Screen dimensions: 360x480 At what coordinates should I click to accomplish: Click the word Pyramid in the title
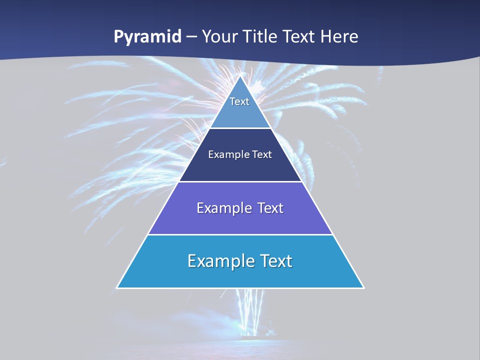pyautogui.click(x=147, y=37)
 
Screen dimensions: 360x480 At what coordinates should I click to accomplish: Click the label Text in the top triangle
pyautogui.click(x=239, y=101)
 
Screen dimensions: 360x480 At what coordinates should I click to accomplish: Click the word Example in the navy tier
pyautogui.click(x=226, y=155)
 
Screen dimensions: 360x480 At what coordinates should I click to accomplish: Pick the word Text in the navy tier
pyautogui.click(x=262, y=155)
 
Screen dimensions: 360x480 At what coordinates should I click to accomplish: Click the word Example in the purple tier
pyautogui.click(x=222, y=208)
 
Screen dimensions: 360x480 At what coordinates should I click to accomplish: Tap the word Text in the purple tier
pyautogui.click(x=270, y=208)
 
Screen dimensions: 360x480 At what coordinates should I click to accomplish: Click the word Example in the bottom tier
pyautogui.click(x=217, y=261)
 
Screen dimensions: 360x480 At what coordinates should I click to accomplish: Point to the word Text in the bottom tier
pyautogui.click(x=273, y=261)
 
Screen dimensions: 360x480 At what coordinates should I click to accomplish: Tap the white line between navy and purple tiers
pyautogui.click(x=240, y=181)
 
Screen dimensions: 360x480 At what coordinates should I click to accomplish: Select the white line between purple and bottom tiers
pyautogui.click(x=240, y=234)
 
